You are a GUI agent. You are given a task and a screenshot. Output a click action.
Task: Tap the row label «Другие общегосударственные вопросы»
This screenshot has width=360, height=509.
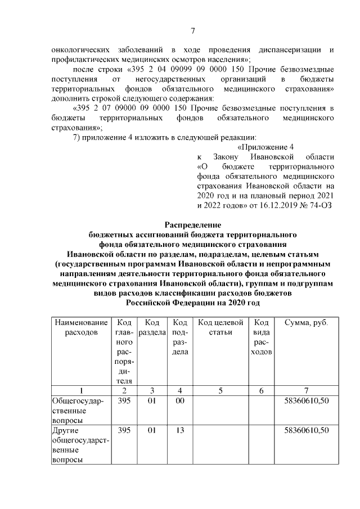point(79,445)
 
